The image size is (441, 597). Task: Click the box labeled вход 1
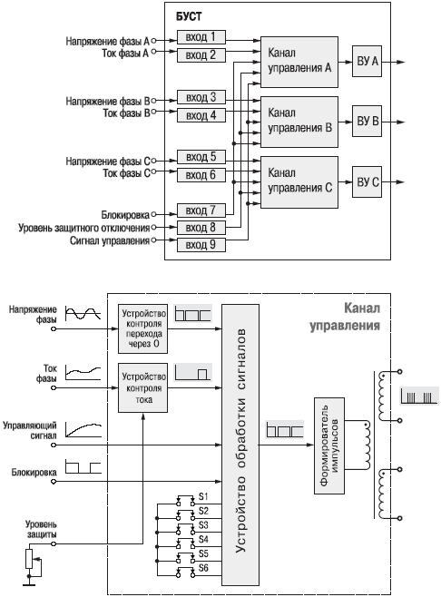tap(201, 37)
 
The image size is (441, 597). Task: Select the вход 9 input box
tap(201, 244)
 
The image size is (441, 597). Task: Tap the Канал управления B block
tap(299, 122)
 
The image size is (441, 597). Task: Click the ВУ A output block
tap(367, 62)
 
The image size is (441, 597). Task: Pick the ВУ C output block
tap(367, 181)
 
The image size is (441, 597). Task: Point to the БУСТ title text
tap(189, 16)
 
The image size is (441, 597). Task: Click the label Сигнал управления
tap(110, 240)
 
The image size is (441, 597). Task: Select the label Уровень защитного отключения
tap(84, 228)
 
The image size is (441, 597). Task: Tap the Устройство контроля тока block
tap(142, 387)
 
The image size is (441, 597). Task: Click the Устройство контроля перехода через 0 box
tap(142, 328)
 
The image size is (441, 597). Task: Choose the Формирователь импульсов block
tap(329, 445)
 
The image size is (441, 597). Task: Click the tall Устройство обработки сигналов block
tap(240, 445)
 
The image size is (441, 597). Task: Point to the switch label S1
tap(203, 496)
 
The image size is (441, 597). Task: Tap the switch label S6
tap(203, 568)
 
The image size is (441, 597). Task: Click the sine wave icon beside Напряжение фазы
tap(83, 313)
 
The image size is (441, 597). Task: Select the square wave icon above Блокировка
tap(83, 466)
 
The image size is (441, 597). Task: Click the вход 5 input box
tap(201, 157)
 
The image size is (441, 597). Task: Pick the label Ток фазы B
tap(126, 113)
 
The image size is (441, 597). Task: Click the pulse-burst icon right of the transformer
tap(419, 396)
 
